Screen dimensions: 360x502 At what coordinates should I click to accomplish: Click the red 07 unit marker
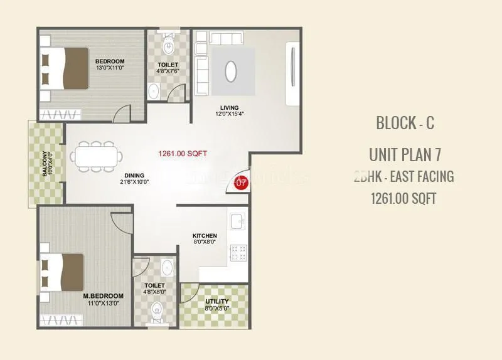(x=240, y=183)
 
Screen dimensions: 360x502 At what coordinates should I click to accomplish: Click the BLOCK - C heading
(x=405, y=123)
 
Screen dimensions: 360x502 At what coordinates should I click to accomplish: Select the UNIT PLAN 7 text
(x=405, y=154)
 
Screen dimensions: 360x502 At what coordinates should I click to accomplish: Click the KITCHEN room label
(x=205, y=236)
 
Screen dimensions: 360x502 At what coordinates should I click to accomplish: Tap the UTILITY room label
(x=217, y=302)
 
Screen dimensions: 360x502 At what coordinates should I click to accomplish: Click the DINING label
(x=134, y=176)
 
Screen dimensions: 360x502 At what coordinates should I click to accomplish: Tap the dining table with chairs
(x=94, y=157)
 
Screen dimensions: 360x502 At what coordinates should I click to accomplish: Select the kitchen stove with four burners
(x=238, y=252)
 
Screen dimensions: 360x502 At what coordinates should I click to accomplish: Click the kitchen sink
(x=237, y=222)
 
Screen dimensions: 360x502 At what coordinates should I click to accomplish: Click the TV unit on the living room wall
(x=292, y=73)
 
